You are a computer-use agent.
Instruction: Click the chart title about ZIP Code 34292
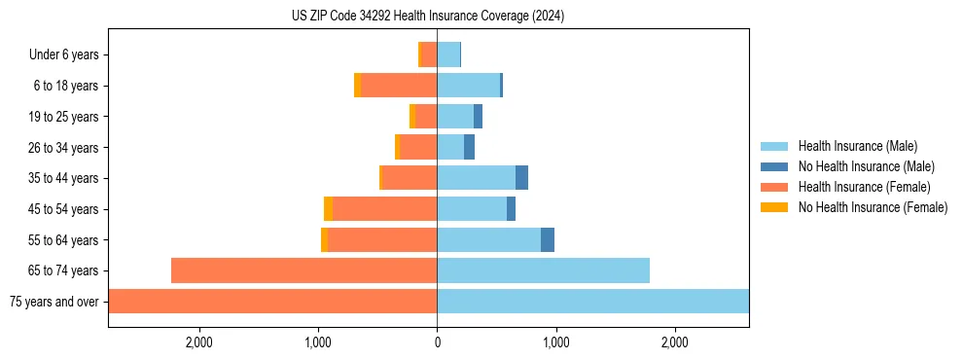(428, 16)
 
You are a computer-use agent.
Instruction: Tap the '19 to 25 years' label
(63, 117)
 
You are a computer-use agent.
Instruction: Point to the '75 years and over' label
(54, 302)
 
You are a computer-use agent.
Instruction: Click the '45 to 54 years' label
(63, 209)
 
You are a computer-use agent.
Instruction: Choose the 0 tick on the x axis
(437, 342)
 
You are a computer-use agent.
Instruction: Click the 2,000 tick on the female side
(198, 342)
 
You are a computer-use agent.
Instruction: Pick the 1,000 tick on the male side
(555, 342)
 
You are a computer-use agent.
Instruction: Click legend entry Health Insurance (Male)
(857, 146)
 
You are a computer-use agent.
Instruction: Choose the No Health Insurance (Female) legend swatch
(775, 207)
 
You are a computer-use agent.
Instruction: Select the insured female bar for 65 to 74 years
(303, 270)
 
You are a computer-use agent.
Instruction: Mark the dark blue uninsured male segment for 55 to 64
(548, 239)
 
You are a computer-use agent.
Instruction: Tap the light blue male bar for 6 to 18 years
(468, 86)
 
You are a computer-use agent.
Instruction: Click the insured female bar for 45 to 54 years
(384, 209)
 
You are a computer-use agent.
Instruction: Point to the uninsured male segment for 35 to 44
(521, 178)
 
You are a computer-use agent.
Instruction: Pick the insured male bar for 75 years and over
(592, 302)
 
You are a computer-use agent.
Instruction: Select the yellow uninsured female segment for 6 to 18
(357, 86)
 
